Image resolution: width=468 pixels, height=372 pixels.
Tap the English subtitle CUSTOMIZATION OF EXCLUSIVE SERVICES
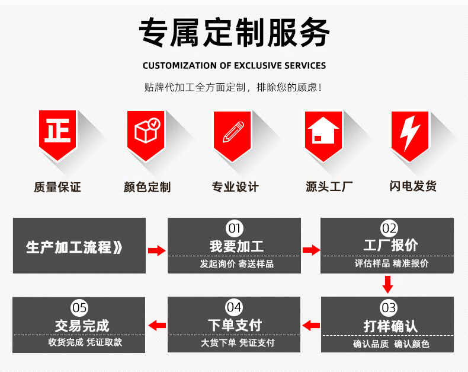tap(234, 65)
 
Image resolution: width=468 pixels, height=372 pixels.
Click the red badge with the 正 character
tap(57, 131)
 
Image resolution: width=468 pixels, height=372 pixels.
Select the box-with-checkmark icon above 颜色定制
tap(146, 131)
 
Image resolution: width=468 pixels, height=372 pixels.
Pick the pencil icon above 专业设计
tap(233, 131)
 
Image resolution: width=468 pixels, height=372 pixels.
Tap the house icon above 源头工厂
tap(323, 131)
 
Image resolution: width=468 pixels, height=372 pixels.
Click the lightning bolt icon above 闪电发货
tap(410, 131)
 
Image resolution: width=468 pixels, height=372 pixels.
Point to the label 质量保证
tap(57, 187)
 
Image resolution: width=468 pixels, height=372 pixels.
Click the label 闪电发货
tap(413, 186)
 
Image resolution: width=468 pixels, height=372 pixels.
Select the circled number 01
tap(235, 228)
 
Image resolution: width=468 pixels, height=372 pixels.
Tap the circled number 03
tap(388, 307)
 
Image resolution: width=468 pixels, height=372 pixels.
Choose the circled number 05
tap(79, 307)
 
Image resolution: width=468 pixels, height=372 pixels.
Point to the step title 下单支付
tap(235, 325)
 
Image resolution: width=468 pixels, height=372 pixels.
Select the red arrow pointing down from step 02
tap(387, 284)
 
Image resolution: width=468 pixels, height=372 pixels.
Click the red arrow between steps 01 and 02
tap(311, 250)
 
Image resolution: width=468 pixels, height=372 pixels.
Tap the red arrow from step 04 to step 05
tap(157, 325)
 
